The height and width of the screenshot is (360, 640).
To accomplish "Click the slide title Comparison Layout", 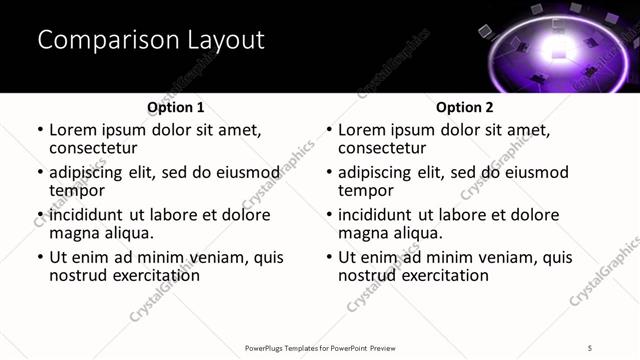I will [x=151, y=41].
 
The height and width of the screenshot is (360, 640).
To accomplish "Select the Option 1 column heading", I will [x=175, y=107].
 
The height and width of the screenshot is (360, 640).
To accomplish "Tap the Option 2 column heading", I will [x=465, y=107].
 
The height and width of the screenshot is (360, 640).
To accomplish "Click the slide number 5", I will [x=590, y=347].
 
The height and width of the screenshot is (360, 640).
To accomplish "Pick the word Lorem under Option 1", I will [x=73, y=130].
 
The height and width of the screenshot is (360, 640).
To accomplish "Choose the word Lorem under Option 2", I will [x=362, y=130].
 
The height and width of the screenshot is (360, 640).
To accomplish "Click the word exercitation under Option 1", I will [x=153, y=275].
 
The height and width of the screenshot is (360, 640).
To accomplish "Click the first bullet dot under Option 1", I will [x=40, y=131].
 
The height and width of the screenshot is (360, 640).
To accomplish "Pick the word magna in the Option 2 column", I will [x=363, y=233].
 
